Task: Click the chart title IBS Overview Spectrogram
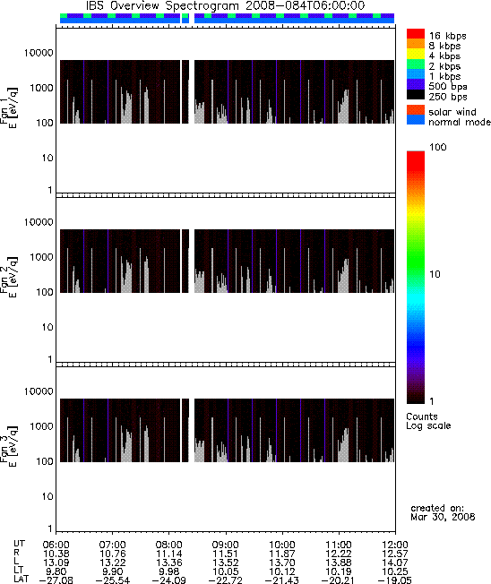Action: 162,6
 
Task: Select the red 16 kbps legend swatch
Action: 416,34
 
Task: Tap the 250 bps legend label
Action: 448,97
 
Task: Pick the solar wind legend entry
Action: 452,112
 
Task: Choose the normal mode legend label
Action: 460,122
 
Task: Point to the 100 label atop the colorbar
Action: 438,147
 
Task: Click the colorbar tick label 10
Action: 435,274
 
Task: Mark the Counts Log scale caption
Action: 428,421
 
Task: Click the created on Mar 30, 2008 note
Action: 443,512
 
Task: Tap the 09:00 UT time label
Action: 226,545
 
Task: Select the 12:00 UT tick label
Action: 395,545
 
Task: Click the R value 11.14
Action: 168,554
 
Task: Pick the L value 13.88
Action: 339,563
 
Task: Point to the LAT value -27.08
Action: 56,580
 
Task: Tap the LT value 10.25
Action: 395,571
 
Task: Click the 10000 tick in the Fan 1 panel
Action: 39,53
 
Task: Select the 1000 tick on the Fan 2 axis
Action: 42,257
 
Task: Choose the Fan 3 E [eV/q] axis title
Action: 9,445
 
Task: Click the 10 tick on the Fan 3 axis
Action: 47,496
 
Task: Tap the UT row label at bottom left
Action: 20,545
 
